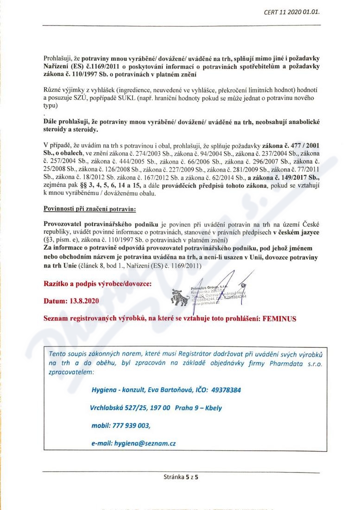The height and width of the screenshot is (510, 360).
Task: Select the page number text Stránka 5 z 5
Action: (x=180, y=476)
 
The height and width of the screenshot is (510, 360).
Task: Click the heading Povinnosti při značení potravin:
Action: (x=89, y=209)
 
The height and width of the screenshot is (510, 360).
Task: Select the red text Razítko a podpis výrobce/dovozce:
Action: (x=97, y=283)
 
